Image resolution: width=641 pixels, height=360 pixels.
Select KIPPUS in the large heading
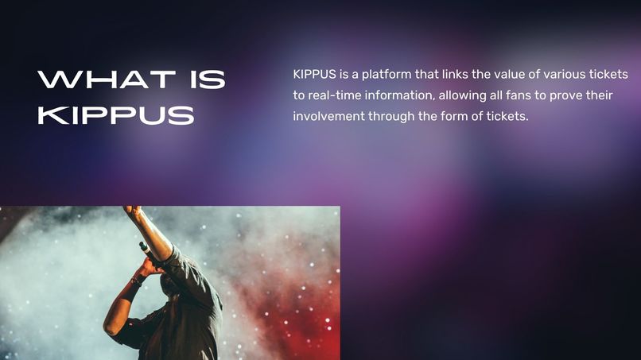pos(116,114)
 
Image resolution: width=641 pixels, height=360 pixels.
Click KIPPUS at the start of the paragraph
pos(313,75)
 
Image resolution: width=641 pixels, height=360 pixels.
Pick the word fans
pos(521,95)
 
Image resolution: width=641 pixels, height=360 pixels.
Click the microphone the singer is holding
pos(147,250)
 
